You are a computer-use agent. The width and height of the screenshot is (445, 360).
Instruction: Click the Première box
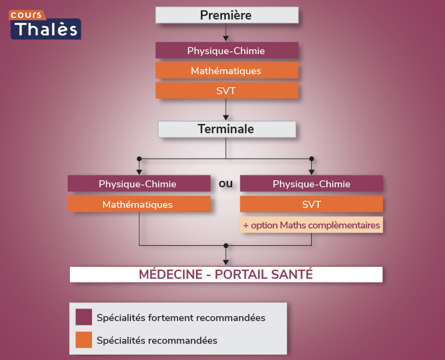(x=226, y=15)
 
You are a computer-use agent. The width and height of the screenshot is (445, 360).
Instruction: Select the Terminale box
(x=226, y=129)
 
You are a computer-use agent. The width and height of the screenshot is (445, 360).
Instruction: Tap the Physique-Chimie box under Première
(x=226, y=51)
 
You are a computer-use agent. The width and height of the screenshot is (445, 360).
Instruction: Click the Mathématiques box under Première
(x=226, y=71)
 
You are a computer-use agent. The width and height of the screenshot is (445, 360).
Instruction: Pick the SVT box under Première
(x=226, y=91)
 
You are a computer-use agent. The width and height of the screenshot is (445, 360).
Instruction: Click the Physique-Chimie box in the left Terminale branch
(x=139, y=184)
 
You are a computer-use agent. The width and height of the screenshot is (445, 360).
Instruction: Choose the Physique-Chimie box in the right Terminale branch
(x=311, y=184)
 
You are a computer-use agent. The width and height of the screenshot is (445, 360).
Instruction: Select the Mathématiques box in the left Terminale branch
(x=139, y=204)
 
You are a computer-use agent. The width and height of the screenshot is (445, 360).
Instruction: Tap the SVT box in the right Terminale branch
(x=311, y=204)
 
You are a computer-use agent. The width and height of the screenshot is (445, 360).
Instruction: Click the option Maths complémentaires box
(x=311, y=225)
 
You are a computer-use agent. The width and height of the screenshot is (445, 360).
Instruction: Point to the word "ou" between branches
(x=226, y=184)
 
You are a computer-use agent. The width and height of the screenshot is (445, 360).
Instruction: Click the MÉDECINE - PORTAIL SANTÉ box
(x=226, y=274)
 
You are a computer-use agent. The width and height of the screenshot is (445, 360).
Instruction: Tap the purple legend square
(x=84, y=317)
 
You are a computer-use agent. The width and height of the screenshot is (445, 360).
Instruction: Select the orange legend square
(x=84, y=340)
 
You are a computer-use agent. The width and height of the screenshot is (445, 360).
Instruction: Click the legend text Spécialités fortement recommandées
(x=181, y=318)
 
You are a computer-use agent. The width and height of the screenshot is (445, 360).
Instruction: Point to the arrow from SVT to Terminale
(x=226, y=111)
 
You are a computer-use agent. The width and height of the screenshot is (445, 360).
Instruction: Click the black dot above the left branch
(x=140, y=159)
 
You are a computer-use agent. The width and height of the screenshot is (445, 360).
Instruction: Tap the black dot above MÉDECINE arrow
(x=226, y=245)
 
